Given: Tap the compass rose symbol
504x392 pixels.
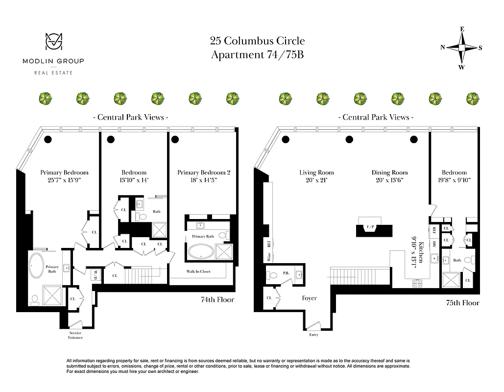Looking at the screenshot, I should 461,48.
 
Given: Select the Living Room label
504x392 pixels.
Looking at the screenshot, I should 316,172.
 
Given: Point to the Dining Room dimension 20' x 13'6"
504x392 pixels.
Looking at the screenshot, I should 389,180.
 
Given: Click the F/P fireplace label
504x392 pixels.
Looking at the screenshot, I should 370,227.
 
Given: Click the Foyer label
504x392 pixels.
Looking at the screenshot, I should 309,298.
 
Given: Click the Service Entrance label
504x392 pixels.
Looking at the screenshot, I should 75,335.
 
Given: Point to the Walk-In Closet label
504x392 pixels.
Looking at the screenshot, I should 198,271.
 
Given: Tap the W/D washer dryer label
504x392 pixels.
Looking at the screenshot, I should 96,274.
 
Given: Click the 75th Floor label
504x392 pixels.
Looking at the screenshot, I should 462,303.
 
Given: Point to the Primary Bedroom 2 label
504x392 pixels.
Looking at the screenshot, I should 203,172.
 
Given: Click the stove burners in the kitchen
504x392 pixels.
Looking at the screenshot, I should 418,283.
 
